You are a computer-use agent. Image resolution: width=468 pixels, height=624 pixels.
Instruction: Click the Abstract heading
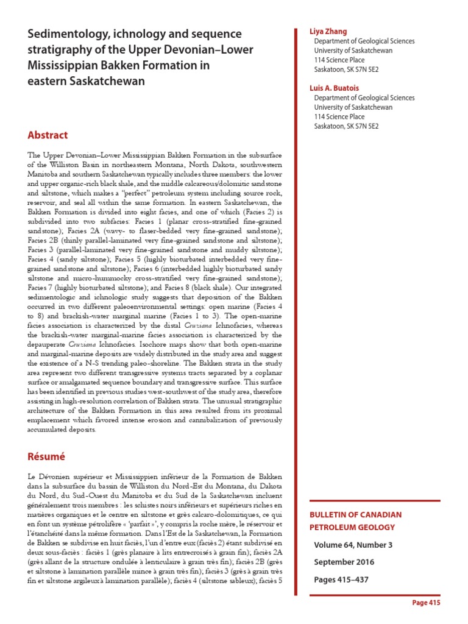48,135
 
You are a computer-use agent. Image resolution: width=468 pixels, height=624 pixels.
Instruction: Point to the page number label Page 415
426,603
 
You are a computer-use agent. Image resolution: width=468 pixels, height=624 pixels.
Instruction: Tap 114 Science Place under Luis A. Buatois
339,116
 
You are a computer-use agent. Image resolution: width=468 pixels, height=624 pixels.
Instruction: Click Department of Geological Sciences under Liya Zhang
364,41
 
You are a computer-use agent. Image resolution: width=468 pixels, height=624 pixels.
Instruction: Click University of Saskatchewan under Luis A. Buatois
353,107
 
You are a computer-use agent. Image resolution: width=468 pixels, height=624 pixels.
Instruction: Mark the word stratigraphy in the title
59,49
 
